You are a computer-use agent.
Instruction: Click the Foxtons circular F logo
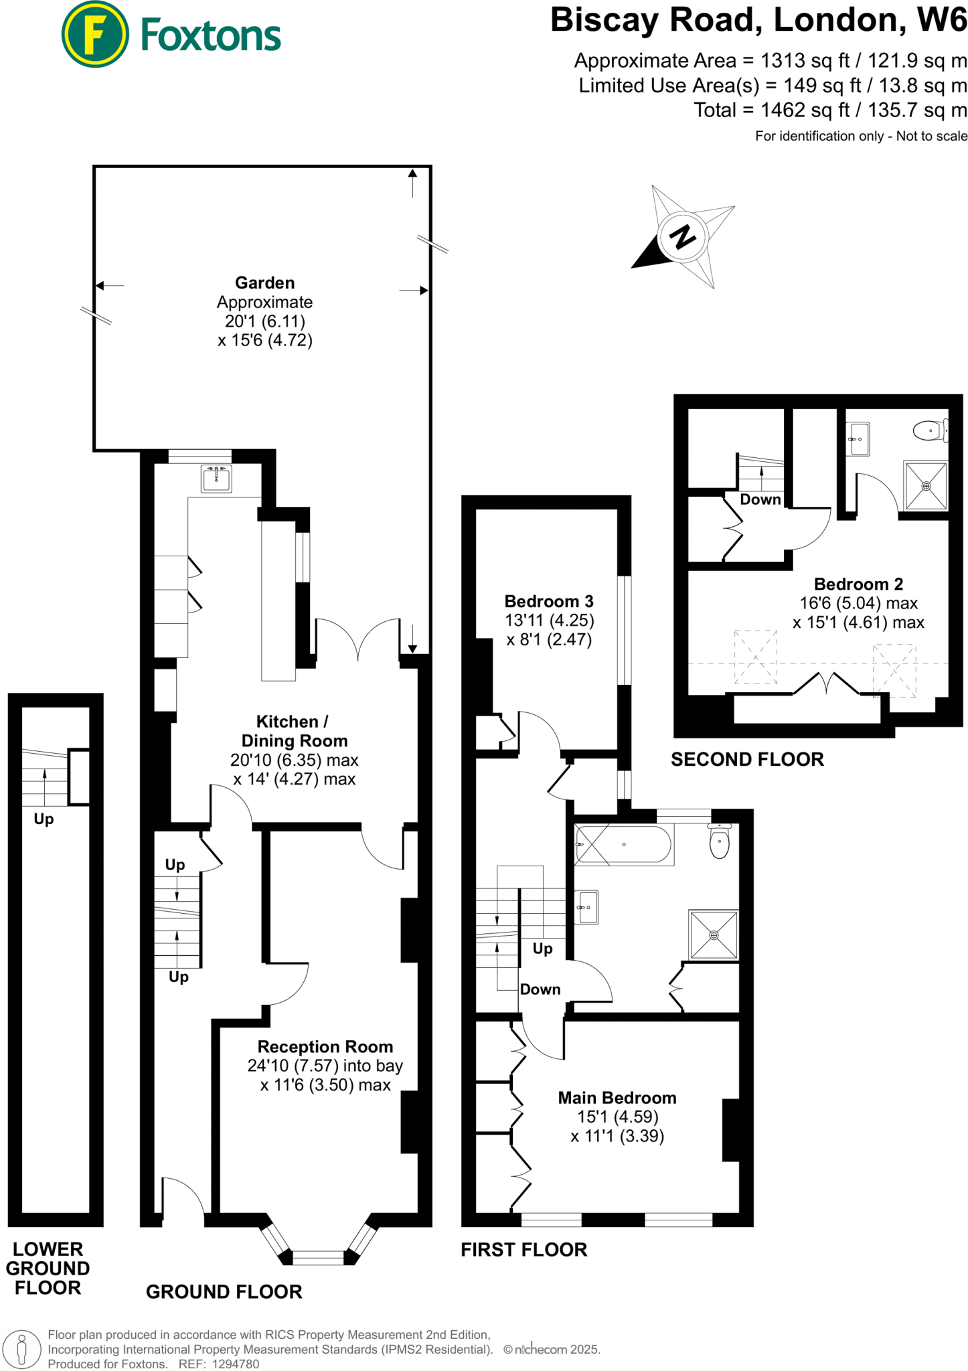(95, 35)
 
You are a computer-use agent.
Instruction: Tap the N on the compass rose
(682, 237)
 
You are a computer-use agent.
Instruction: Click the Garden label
(264, 283)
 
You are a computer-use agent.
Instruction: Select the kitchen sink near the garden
(216, 479)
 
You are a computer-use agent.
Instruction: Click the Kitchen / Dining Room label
(294, 731)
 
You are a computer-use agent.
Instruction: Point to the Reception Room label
(325, 1046)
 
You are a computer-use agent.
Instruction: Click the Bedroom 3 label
(549, 601)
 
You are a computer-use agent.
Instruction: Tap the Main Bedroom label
(617, 1098)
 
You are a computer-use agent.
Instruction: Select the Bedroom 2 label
(858, 584)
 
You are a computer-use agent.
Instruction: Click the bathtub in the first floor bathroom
(623, 845)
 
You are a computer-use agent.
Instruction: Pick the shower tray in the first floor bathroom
(714, 935)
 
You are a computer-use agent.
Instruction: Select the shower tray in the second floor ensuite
(926, 485)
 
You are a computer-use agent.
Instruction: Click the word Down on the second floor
(760, 499)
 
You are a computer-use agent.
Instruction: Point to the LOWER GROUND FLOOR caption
(48, 1268)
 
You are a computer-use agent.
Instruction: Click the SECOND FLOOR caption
(747, 759)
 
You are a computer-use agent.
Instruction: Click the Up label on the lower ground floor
(44, 819)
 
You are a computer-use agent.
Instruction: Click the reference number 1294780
(235, 1364)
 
